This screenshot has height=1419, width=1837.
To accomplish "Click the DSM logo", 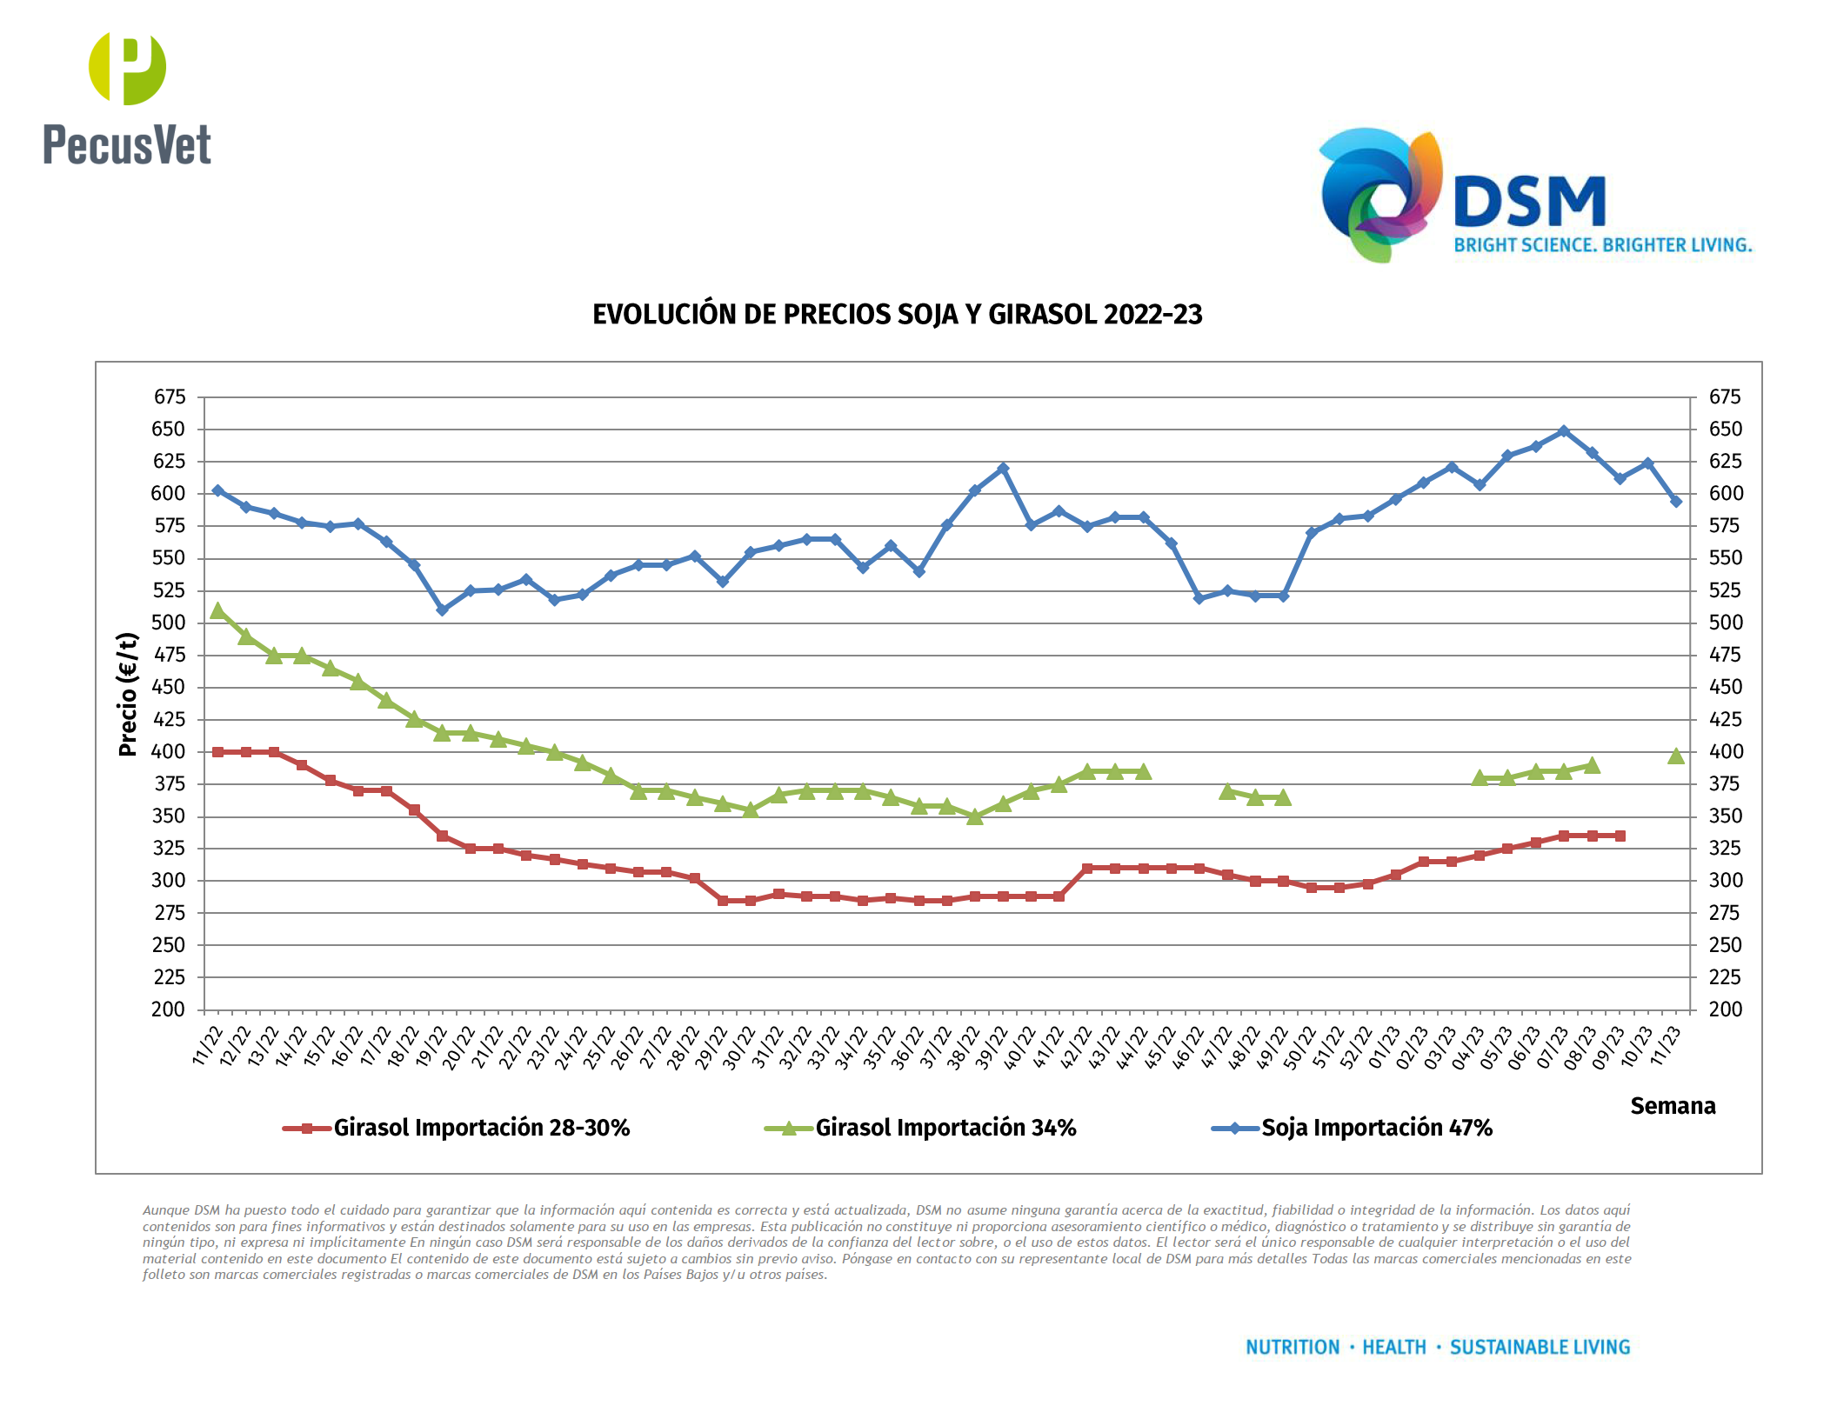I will coord(1535,197).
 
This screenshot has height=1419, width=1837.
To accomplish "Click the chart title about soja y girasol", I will coord(897,315).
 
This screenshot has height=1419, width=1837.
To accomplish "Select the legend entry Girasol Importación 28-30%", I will coord(481,1128).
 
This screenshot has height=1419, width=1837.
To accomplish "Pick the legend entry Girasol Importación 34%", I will coord(945,1128).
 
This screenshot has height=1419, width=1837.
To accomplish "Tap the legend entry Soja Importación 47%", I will coord(1376,1128).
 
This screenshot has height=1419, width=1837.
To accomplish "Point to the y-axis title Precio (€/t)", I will coord(128,694).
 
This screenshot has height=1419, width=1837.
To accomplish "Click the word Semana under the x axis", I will coord(1672,1106).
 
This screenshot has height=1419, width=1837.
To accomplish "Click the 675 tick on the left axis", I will coord(170,397).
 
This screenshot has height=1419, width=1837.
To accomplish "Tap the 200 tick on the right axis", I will coord(1725,1009).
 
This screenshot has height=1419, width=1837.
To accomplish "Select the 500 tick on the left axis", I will coord(169,623).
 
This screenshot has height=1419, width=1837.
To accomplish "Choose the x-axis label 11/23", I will coord(1666,1046).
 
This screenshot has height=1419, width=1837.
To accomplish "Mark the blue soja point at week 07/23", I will coord(1563,431).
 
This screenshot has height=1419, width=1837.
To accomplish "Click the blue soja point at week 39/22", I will coord(1003,469).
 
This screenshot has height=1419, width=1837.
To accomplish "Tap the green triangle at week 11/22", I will coord(217,611).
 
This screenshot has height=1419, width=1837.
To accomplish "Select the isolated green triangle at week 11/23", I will coord(1676,756).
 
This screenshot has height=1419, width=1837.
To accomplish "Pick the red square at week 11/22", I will coord(217,752).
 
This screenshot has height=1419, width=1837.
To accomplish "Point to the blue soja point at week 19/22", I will coord(442,610).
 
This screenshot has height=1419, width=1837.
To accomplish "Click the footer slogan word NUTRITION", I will coord(1293,1347).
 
